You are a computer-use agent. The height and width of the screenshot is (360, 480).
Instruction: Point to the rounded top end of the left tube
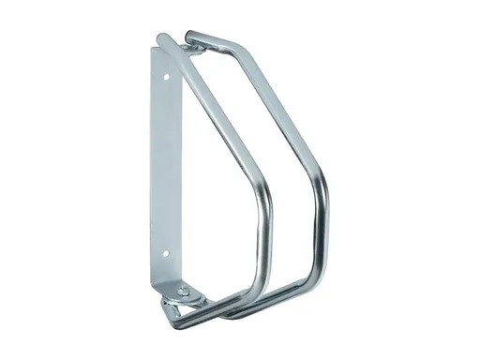tap(160, 40)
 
